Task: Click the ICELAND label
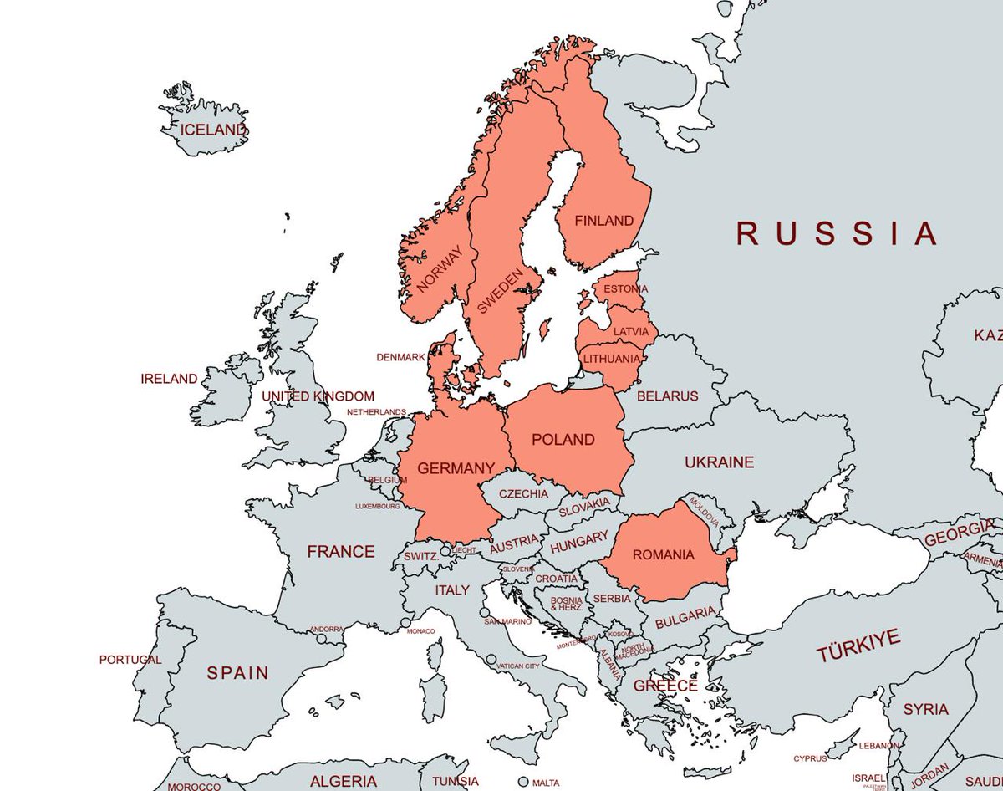[x=214, y=130]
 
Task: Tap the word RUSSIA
[x=837, y=233]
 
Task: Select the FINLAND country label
[x=603, y=222]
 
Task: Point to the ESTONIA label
[x=625, y=289]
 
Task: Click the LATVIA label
[x=630, y=332]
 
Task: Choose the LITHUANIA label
[x=612, y=359]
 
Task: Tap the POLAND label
[x=563, y=440]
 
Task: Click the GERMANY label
[x=456, y=469]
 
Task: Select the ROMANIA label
[x=663, y=554]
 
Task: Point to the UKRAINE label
[x=719, y=462]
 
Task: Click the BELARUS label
[x=667, y=396]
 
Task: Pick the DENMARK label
[x=400, y=357]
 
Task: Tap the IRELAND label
[x=169, y=379]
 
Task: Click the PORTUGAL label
[x=130, y=660]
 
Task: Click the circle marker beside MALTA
[x=523, y=782]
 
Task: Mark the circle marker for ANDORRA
[x=321, y=639]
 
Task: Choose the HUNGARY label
[x=579, y=542]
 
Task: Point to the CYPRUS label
[x=810, y=758]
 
